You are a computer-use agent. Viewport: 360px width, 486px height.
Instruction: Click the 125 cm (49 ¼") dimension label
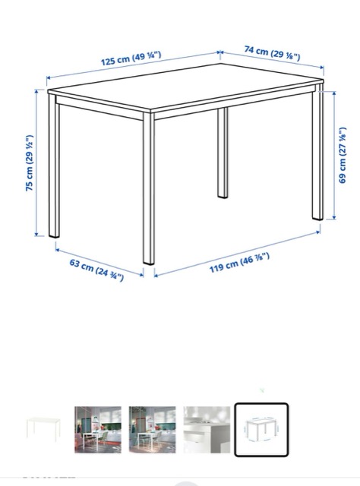[131, 58]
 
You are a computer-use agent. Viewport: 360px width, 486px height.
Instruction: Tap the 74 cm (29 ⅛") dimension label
[272, 52]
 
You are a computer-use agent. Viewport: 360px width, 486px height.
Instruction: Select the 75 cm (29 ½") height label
[30, 163]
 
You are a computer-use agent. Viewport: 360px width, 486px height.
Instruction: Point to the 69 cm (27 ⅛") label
[343, 155]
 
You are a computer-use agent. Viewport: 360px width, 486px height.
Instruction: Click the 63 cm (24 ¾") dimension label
[96, 270]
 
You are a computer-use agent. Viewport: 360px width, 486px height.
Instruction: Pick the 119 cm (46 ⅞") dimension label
[239, 263]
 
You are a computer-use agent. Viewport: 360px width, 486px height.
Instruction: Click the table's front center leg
[149, 188]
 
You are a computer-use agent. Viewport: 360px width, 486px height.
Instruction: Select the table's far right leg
[317, 152]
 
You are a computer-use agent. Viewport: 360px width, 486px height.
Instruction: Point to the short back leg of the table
[223, 153]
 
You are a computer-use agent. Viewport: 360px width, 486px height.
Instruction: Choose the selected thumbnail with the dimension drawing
[261, 430]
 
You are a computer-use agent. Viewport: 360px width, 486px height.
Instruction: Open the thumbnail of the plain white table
[43, 428]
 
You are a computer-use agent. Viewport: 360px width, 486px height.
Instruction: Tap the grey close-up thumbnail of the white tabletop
[207, 430]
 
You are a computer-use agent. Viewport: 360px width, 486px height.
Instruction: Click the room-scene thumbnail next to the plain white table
[98, 430]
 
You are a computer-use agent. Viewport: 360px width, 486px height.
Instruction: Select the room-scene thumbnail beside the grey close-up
[152, 430]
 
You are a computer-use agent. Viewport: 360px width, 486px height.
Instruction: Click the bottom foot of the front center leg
[149, 263]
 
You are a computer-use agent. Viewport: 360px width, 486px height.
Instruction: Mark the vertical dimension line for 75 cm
[36, 163]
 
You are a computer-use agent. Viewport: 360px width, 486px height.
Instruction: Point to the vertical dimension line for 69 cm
[334, 155]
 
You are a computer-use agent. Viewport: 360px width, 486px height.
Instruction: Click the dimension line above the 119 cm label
[237, 254]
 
